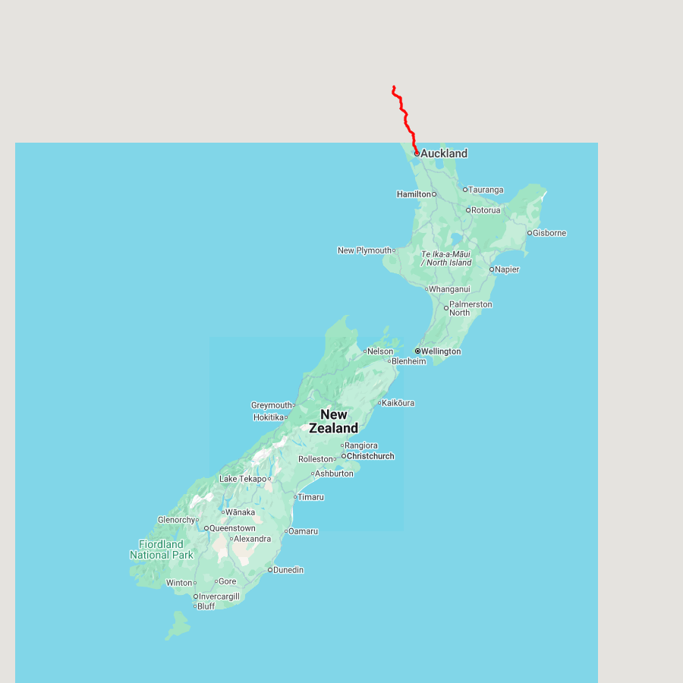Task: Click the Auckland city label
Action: [x=444, y=153]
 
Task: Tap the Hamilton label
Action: [x=414, y=194]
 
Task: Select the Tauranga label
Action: [x=486, y=190]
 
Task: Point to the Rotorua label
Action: [x=486, y=210]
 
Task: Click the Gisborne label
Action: [x=549, y=233]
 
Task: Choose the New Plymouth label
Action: [x=365, y=250]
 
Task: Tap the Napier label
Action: [x=507, y=269]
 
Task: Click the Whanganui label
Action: [x=449, y=289]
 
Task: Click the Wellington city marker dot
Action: [x=417, y=351]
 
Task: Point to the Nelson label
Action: [x=380, y=351]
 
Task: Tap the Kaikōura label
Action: [x=398, y=403]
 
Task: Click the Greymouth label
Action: [x=272, y=405]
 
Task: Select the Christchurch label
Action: [x=370, y=456]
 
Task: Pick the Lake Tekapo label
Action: [x=243, y=479]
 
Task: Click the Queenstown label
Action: [x=232, y=528]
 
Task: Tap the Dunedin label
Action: [x=288, y=570]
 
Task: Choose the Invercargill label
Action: [x=219, y=596]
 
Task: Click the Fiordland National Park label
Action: [x=162, y=549]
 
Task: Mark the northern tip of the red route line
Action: [x=394, y=87]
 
